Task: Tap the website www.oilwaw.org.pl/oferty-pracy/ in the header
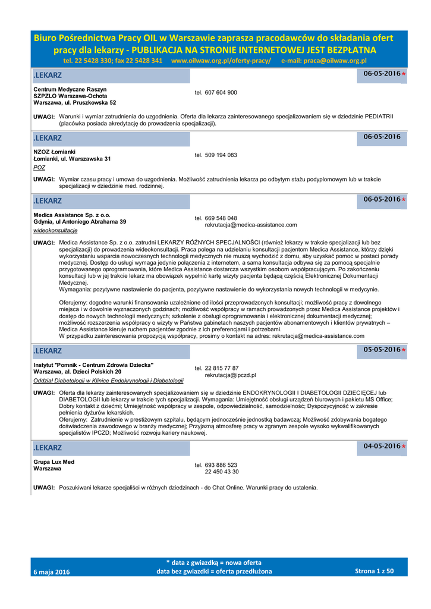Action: click(221, 61)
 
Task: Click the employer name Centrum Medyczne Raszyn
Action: click(70, 89)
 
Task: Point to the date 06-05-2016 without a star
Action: click(382, 137)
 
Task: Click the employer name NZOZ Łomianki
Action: click(55, 152)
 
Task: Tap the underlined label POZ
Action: click(39, 168)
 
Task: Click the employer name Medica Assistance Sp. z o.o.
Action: click(72, 215)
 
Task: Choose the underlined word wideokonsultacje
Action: click(55, 230)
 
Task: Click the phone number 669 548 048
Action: click(221, 218)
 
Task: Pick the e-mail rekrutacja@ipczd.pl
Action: click(230, 376)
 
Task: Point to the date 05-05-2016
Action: click(382, 350)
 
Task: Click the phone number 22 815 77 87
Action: click(221, 369)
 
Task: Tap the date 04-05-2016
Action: click(382, 446)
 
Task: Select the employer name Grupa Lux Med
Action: click(54, 462)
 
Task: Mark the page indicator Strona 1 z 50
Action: click(374, 571)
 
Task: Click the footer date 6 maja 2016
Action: click(52, 572)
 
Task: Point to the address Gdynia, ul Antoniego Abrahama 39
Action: click(80, 222)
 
